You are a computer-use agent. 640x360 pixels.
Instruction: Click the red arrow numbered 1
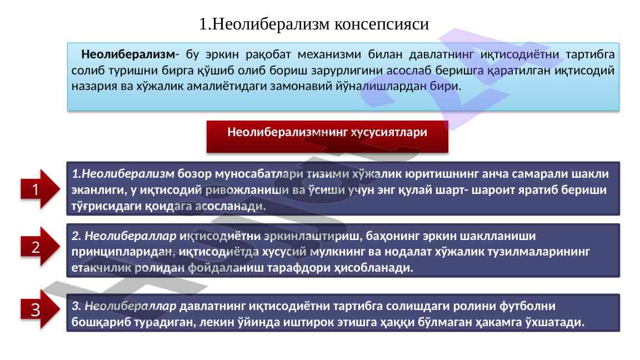[40, 189]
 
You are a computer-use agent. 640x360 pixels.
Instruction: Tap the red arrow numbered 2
[40, 247]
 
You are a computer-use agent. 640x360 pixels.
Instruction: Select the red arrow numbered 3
[40, 309]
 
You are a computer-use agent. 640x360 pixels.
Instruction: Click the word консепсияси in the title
[382, 24]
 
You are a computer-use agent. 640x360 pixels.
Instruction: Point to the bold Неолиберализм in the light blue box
[128, 54]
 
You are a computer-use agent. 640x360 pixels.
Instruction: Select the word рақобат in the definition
[268, 54]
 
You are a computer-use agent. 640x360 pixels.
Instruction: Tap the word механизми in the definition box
[329, 54]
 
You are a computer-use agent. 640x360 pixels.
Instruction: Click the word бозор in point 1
[194, 174]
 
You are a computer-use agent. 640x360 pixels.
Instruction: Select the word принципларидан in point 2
[123, 252]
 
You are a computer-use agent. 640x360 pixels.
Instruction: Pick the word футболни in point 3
[527, 306]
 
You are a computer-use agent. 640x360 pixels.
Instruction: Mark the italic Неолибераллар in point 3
[130, 306]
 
